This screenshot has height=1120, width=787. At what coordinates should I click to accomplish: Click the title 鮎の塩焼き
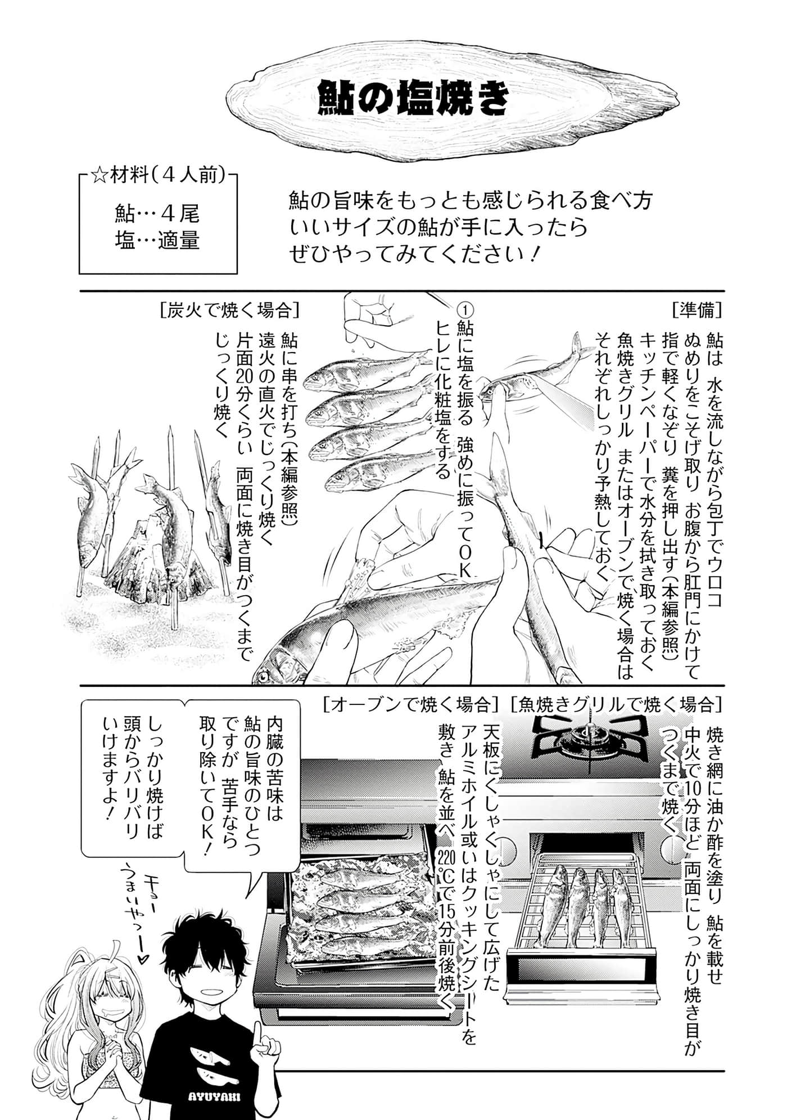coord(413,100)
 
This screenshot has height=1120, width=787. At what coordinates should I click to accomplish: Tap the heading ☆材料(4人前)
coord(158,176)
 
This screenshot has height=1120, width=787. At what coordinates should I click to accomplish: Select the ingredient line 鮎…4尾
coord(157,214)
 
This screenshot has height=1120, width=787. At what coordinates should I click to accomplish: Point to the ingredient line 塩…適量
coord(157,241)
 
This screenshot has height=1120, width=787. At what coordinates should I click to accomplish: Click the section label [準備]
coord(697,310)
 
